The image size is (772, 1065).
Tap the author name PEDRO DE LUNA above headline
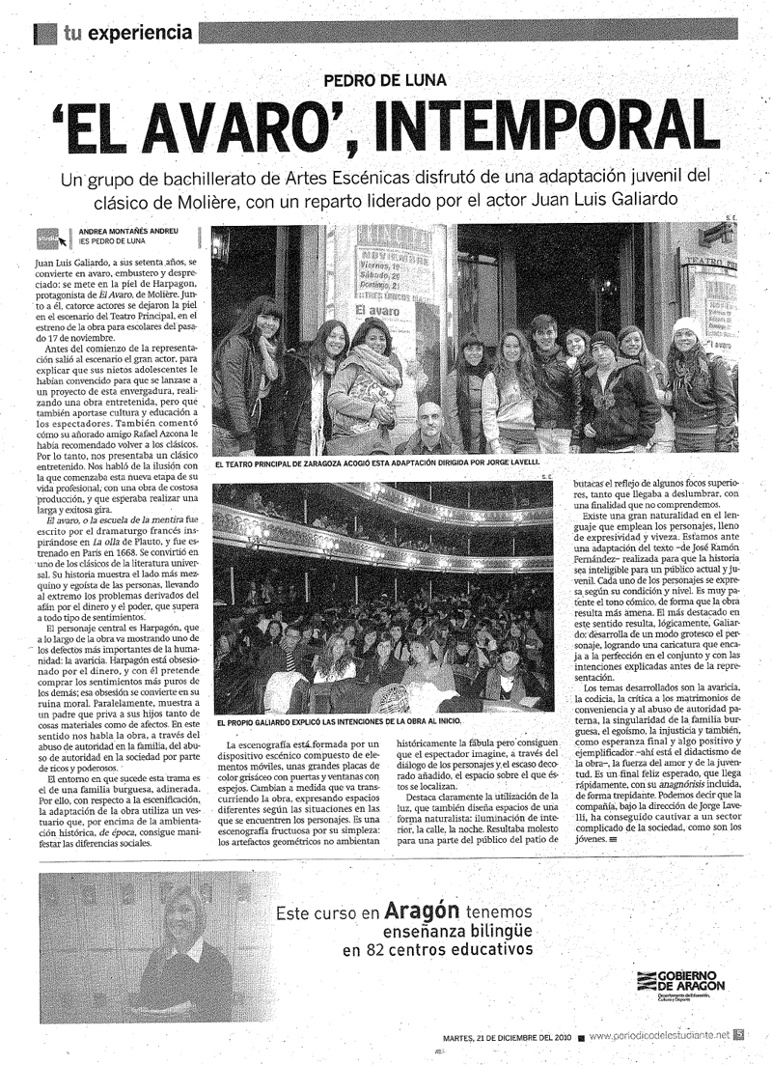click(385, 82)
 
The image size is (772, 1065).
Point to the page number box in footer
click(738, 1036)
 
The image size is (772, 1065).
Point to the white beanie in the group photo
click(684, 328)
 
